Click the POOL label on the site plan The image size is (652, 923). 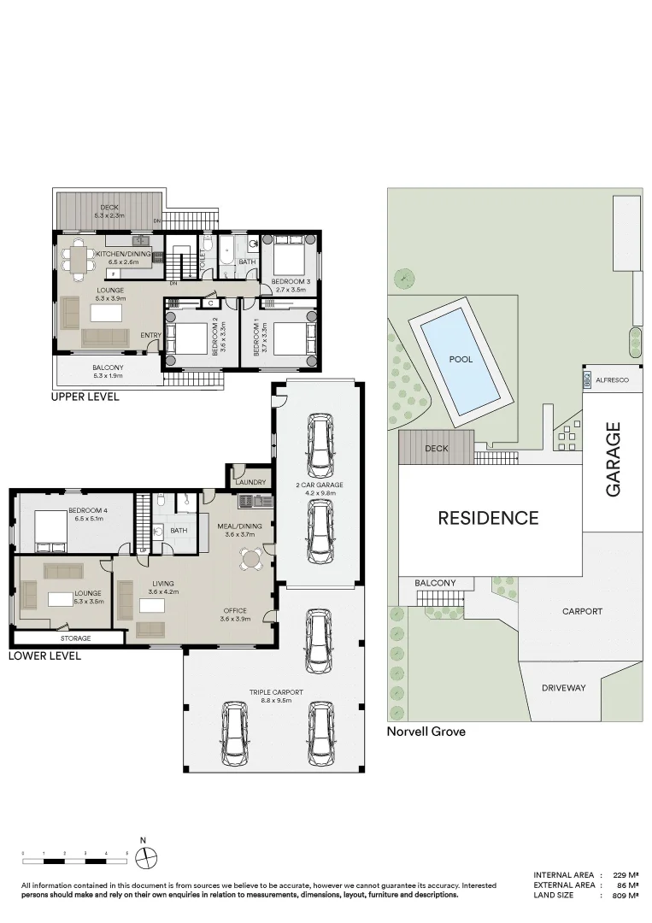461,360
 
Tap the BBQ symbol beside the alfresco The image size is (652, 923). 587,380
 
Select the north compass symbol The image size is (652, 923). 147,855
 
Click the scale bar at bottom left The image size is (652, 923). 75,854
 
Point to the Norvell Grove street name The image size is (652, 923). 426,732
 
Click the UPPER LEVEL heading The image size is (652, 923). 85,397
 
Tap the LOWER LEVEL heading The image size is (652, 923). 44,656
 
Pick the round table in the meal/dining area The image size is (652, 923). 251,560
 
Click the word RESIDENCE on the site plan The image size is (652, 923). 488,518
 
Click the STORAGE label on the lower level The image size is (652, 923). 75,638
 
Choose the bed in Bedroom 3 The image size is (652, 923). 289,253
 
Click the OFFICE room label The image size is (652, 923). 234,611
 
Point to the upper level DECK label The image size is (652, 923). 109,208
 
